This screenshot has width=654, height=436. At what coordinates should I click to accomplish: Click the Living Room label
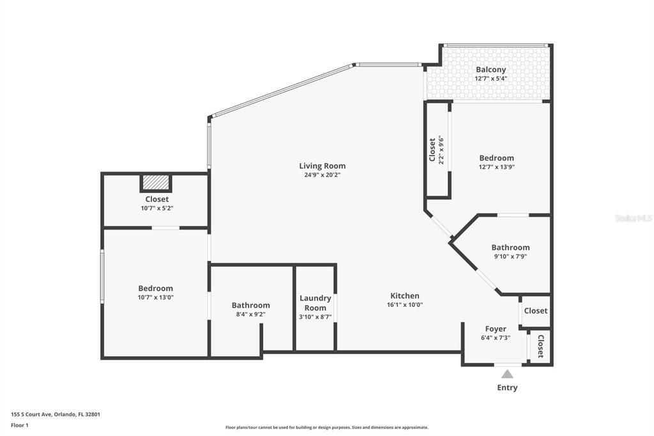tap(322, 166)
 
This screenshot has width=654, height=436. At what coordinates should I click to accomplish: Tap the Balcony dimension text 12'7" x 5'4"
tap(490, 79)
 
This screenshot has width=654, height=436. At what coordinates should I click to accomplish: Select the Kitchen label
tap(405, 296)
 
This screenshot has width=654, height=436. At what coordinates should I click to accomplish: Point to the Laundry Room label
tap(316, 303)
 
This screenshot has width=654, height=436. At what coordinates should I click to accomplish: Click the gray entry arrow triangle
tap(507, 374)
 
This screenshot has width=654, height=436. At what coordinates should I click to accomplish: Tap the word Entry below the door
tap(507, 387)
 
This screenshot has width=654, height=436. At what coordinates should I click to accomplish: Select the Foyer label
tap(496, 329)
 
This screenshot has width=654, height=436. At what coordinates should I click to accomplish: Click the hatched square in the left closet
tap(156, 183)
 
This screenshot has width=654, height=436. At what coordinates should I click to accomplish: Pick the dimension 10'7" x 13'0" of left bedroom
tap(156, 297)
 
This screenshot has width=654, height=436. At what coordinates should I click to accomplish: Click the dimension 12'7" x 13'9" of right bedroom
tap(497, 167)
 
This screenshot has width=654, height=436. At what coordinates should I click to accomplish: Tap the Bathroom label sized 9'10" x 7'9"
tap(510, 247)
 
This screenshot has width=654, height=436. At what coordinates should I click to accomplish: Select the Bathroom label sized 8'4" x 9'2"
tap(250, 306)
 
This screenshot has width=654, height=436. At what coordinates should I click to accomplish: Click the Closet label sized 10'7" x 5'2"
tap(156, 199)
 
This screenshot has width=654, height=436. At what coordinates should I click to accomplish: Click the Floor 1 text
tap(20, 424)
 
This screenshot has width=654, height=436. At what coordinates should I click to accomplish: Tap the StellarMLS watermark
tap(633, 218)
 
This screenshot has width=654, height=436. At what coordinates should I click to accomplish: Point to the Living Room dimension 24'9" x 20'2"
tap(322, 175)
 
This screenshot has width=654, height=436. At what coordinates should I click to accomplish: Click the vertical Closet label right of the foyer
tap(540, 346)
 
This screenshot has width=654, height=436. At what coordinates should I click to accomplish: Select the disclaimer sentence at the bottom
tap(326, 428)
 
